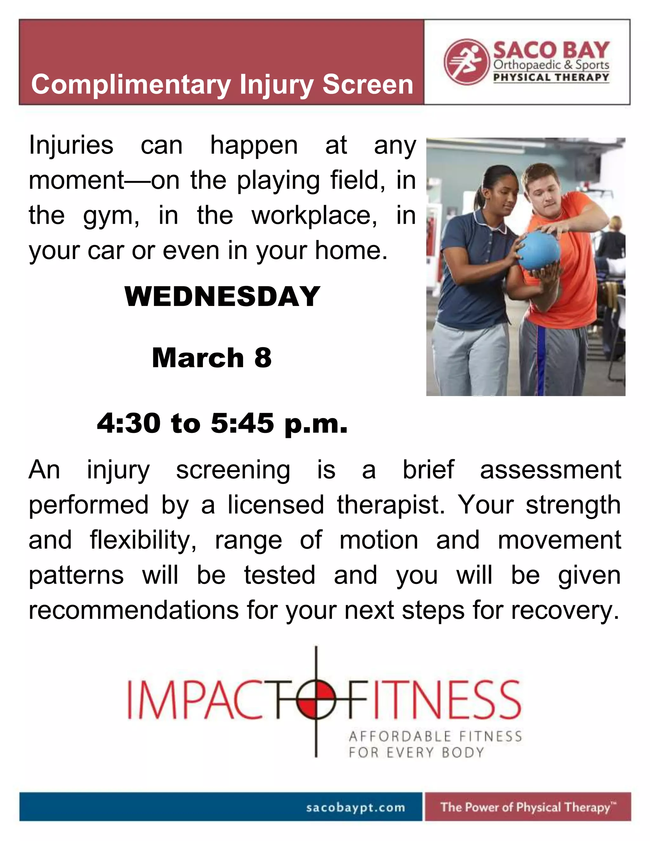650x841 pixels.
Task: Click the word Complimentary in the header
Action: [x=131, y=85]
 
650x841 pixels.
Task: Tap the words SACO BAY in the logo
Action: [x=551, y=50]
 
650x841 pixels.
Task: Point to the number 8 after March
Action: [x=263, y=358]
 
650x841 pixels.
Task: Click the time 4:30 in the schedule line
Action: [x=129, y=423]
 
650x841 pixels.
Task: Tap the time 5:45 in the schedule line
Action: [x=242, y=423]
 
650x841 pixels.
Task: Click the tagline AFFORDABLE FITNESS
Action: [x=435, y=736]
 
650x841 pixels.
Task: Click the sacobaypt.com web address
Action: [x=355, y=807]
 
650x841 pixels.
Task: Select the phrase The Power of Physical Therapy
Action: [x=525, y=807]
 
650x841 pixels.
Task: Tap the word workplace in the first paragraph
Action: [x=314, y=215]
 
